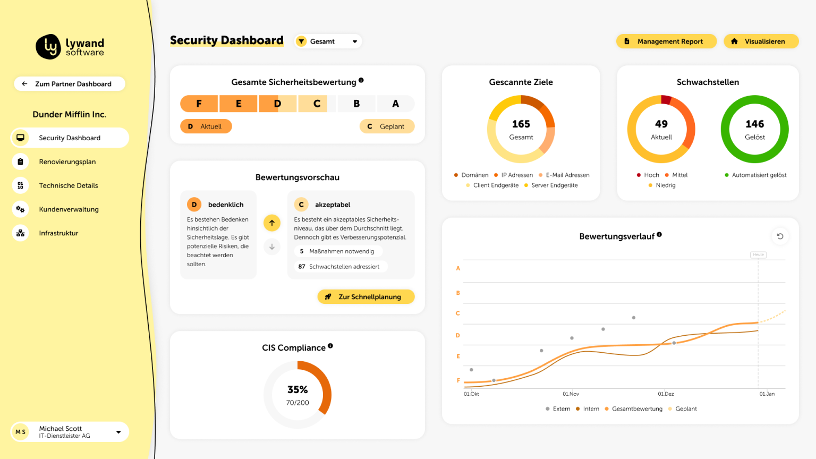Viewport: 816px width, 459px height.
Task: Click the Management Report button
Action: coord(666,41)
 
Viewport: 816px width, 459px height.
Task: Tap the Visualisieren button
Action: coord(761,41)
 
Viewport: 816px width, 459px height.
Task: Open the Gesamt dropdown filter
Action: coord(328,41)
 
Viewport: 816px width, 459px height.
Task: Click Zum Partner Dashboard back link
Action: coord(69,84)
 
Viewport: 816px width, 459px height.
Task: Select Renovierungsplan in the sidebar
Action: coord(67,162)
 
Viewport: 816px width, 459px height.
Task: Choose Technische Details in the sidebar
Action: coord(69,185)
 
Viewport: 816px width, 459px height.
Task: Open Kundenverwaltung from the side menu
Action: coord(69,209)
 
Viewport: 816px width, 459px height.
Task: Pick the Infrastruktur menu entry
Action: coord(58,233)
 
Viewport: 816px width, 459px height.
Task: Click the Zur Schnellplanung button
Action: coord(366,297)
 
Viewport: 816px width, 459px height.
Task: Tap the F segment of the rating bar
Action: coord(199,104)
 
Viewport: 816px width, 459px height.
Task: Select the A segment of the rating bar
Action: coord(395,104)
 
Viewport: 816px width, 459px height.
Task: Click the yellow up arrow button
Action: coord(272,223)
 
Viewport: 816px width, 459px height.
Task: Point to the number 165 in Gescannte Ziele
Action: coord(521,124)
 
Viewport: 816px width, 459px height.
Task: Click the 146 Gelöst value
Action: coord(754,124)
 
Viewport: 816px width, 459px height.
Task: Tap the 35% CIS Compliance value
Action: coord(297,390)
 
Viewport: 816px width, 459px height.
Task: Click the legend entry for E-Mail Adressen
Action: coord(567,175)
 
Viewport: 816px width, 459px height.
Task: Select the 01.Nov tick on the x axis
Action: coord(571,394)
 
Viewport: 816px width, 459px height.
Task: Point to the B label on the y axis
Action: coord(458,293)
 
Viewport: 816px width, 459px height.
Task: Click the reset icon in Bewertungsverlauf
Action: coord(780,236)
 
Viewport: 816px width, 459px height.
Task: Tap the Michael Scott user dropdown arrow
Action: coord(118,432)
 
